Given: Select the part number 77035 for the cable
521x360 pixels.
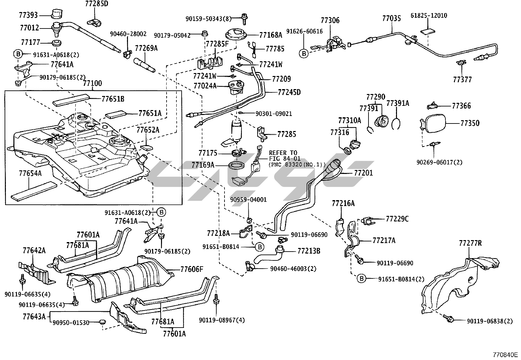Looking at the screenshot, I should point(391,18).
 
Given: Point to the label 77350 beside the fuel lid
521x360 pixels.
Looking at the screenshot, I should point(470,123).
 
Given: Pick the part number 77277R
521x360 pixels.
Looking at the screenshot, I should point(470,243).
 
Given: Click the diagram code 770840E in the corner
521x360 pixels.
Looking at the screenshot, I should point(506,355).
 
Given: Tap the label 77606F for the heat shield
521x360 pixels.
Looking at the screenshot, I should point(191,270).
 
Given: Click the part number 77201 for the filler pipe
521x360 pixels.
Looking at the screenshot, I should point(363,173).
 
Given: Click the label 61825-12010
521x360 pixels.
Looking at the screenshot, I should point(429,16).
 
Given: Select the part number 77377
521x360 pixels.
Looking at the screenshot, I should point(462,79).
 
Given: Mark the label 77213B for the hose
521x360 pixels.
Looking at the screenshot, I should point(309,251).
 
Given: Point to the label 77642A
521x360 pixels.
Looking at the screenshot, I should point(34,251).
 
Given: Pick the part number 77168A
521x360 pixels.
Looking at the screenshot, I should point(271,35).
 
